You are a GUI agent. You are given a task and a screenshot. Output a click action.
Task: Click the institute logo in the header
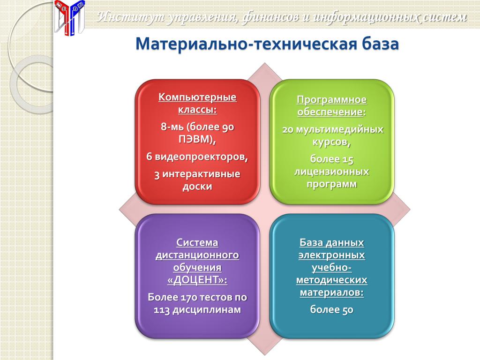[x=69, y=17]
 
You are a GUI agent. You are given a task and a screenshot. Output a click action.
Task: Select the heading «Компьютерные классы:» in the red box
[x=197, y=103]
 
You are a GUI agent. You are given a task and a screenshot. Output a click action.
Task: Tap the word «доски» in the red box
[x=197, y=187]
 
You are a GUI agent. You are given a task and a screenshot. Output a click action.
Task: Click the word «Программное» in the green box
[x=332, y=100]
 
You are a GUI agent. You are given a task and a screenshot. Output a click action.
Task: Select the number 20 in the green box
[x=288, y=130]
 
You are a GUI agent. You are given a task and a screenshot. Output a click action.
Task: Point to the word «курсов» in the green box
[x=330, y=142]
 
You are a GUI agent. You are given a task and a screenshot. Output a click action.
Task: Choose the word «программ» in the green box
[x=332, y=184]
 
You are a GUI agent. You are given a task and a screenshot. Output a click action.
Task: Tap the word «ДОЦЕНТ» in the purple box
[x=197, y=280]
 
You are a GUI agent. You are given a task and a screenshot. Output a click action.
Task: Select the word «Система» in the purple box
[x=197, y=242]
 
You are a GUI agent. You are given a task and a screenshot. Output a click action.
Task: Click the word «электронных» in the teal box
[x=332, y=255]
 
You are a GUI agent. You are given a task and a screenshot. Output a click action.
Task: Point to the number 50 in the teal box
[x=348, y=310]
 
